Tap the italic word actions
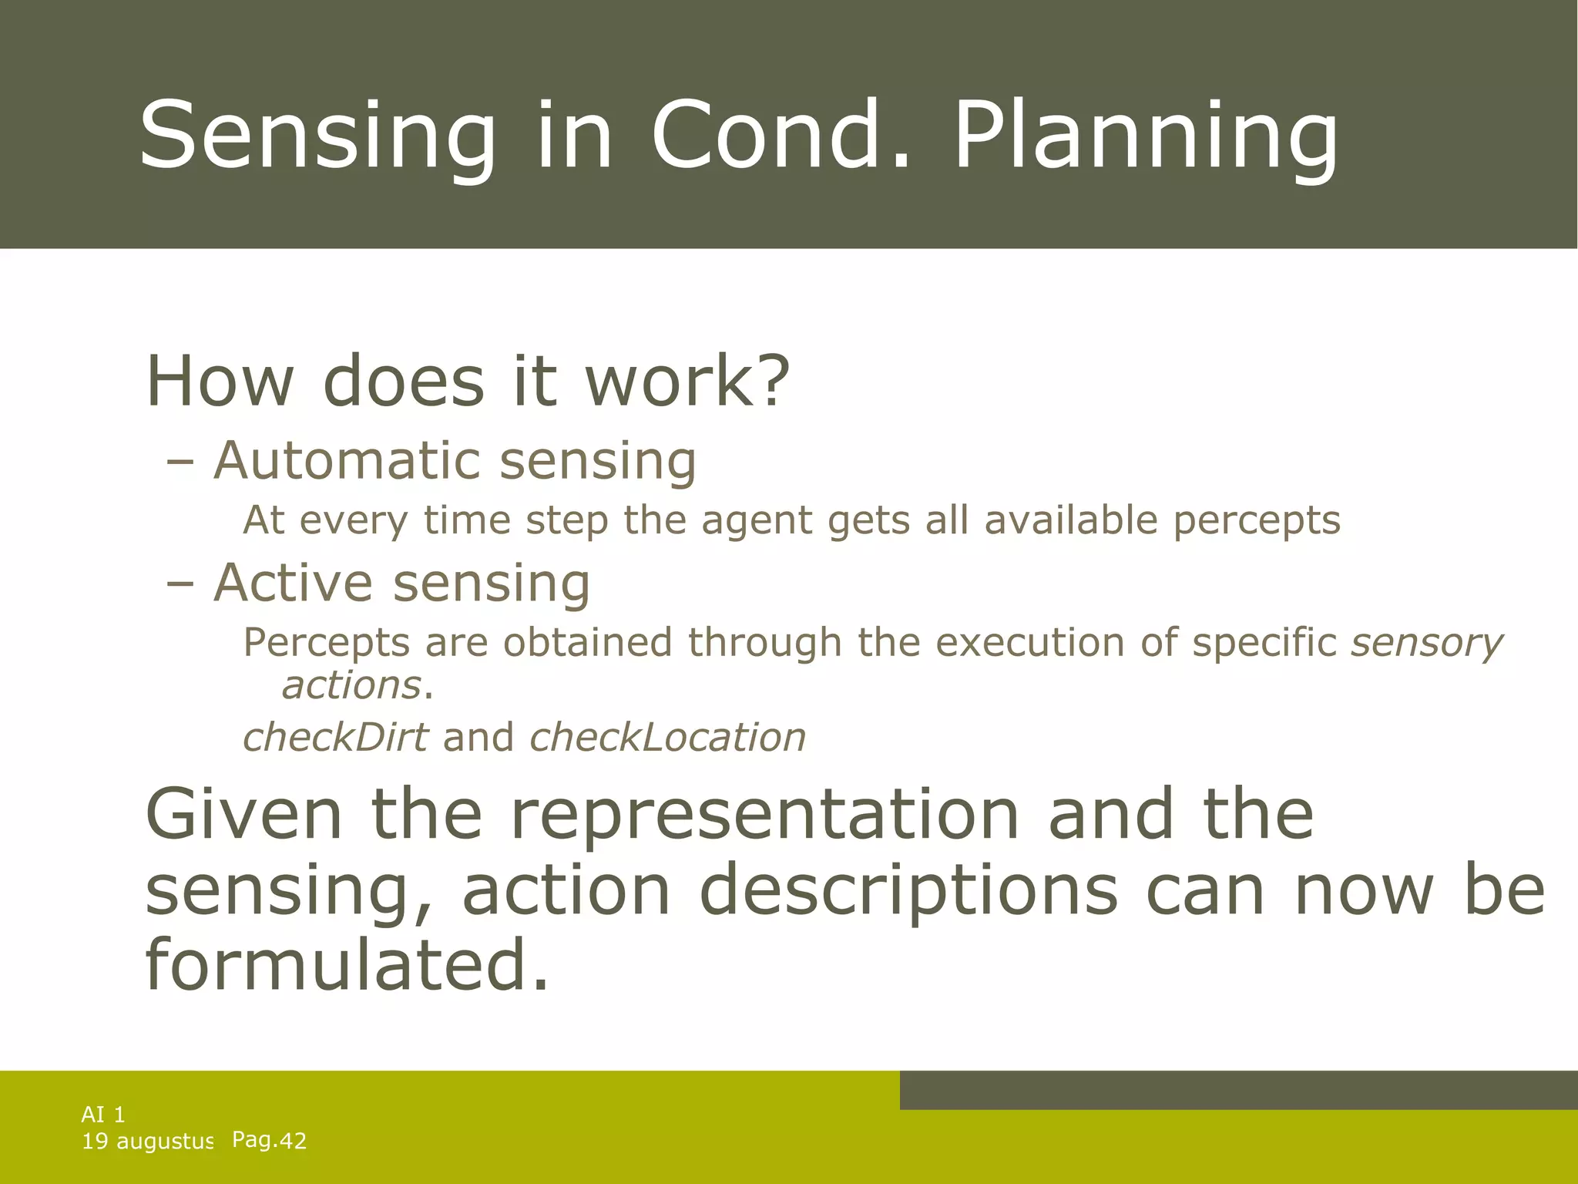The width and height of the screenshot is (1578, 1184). coord(351,685)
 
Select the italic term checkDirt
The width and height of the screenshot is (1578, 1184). coord(334,737)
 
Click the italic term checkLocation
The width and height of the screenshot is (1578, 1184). coord(667,737)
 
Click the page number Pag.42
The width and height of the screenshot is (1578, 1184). coord(269,1140)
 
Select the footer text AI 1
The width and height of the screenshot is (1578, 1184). coord(103,1115)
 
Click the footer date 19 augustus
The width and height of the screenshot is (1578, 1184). coord(147,1142)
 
